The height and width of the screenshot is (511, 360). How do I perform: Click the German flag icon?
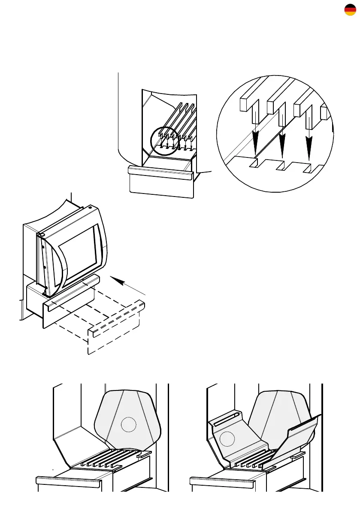coord(350,10)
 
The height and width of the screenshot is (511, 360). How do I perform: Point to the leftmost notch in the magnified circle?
coord(254,163)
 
